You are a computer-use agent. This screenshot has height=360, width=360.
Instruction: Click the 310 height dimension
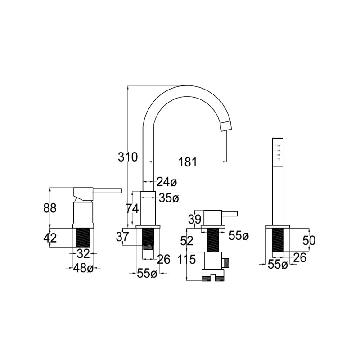tap(128, 157)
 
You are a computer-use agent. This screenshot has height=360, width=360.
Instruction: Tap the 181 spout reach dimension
tap(188, 162)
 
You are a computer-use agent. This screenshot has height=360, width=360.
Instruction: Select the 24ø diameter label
tap(167, 182)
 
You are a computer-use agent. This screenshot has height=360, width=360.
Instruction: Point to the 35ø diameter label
tap(169, 198)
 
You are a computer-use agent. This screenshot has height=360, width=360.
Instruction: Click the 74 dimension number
tap(132, 209)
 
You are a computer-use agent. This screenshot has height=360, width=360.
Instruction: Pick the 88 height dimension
tap(50, 208)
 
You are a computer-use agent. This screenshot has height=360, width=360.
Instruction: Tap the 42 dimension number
tap(50, 238)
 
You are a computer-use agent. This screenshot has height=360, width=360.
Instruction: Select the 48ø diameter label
tap(83, 268)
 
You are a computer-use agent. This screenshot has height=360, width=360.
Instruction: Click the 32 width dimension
tap(83, 253)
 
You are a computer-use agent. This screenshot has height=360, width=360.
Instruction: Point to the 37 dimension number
tap(122, 237)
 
